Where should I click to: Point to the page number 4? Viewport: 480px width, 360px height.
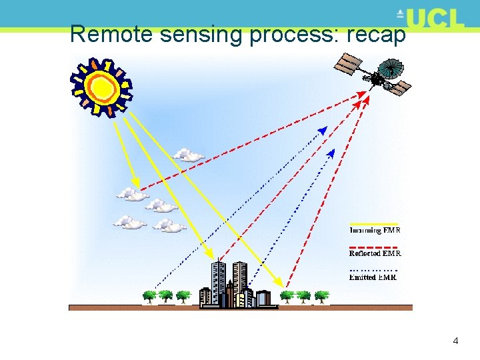455,341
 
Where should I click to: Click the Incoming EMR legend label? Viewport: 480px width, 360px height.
375,230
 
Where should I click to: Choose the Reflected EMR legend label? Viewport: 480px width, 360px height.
375,253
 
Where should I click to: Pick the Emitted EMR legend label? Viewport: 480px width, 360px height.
373,277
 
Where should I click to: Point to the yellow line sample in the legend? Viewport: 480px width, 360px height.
374,224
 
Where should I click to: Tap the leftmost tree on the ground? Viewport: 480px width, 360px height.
149,295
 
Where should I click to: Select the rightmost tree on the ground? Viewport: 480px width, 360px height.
321,295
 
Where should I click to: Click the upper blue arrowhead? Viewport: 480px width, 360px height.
323,131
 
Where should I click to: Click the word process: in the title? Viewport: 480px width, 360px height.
293,34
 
